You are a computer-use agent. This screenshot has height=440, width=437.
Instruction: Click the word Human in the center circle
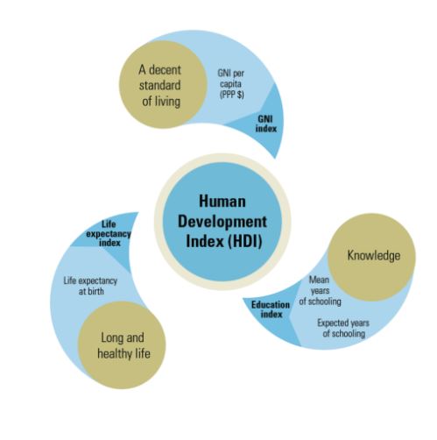[x=222, y=202]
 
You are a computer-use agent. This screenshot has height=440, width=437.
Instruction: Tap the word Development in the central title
[x=222, y=223]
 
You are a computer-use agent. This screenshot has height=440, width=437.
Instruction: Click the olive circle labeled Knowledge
[x=371, y=257]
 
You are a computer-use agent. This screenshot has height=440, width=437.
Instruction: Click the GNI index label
[x=266, y=124]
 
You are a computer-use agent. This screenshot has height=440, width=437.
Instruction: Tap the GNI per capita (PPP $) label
[x=231, y=84]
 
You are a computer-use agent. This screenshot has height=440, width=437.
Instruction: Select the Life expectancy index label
[x=109, y=233]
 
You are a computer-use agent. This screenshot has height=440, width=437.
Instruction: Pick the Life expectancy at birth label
[x=90, y=286]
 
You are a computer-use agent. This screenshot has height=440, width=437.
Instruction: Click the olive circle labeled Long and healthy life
[x=122, y=345]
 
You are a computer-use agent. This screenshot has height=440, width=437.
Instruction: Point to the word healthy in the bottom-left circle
[x=115, y=353]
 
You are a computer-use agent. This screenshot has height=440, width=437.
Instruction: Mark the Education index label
[x=271, y=309]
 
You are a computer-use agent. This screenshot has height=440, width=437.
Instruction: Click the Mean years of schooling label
[x=320, y=291]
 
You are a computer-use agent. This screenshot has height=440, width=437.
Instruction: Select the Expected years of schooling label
[x=343, y=328]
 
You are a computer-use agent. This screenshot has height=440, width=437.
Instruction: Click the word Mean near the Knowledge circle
[x=319, y=280]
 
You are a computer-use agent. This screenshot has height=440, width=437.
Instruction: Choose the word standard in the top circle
[x=159, y=86]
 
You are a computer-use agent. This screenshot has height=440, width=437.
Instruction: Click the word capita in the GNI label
[x=230, y=84]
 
